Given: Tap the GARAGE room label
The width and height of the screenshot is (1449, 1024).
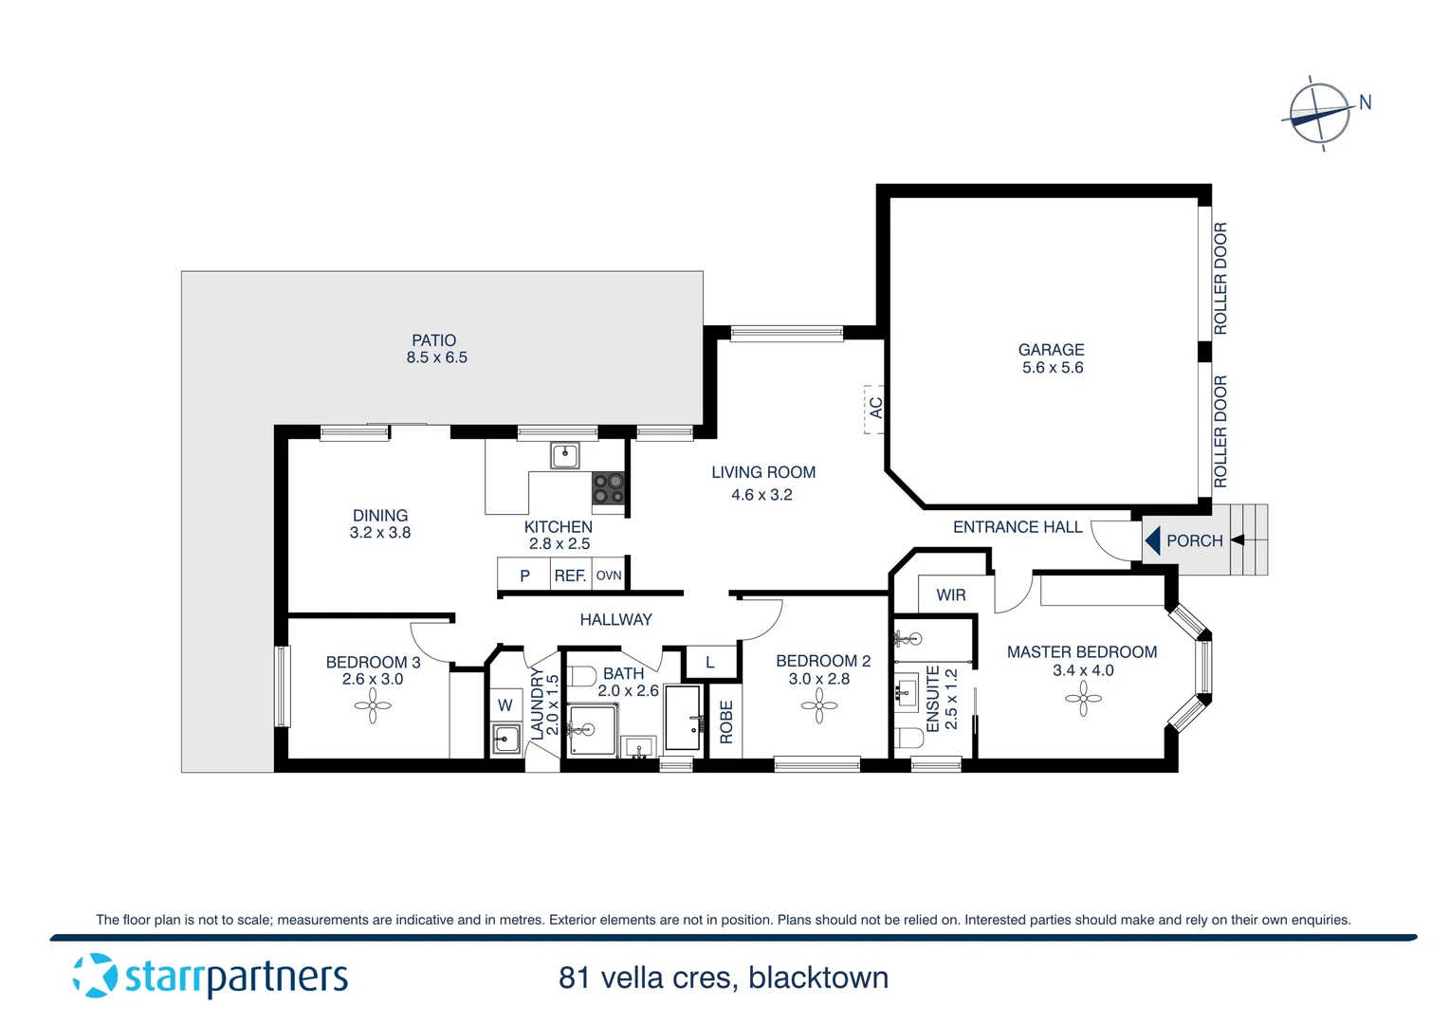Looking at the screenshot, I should pyautogui.click(x=1051, y=350).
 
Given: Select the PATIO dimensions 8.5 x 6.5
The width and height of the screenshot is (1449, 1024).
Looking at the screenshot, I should pyautogui.click(x=436, y=358).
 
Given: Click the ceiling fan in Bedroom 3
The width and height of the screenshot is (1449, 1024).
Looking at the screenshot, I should pyautogui.click(x=373, y=705).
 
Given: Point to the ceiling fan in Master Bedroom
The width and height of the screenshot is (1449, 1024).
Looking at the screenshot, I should pyautogui.click(x=1083, y=699).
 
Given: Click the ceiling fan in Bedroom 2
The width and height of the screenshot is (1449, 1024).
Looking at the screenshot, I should pyautogui.click(x=818, y=705).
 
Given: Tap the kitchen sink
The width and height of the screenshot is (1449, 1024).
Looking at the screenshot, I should pyautogui.click(x=565, y=456).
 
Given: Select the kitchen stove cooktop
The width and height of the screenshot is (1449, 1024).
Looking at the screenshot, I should pyautogui.click(x=608, y=488).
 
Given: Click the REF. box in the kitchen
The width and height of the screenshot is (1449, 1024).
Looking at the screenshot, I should pyautogui.click(x=570, y=576).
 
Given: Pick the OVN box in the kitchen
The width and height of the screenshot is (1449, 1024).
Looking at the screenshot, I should pyautogui.click(x=609, y=576).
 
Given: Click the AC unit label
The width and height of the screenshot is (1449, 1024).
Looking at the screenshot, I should pyautogui.click(x=875, y=409).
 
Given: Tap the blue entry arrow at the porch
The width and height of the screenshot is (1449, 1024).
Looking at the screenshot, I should pyautogui.click(x=1152, y=540).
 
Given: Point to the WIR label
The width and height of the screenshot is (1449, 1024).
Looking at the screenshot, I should pyautogui.click(x=950, y=595).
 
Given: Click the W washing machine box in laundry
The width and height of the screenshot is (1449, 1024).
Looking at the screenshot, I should pyautogui.click(x=504, y=705).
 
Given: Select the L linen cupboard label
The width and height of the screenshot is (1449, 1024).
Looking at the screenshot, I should pyautogui.click(x=710, y=663).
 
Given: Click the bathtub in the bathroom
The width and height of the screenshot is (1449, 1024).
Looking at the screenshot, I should pyautogui.click(x=683, y=718).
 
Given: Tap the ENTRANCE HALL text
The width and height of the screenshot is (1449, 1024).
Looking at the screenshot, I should pyautogui.click(x=1017, y=527).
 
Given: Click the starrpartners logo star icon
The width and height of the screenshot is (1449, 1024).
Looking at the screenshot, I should pyautogui.click(x=95, y=976).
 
